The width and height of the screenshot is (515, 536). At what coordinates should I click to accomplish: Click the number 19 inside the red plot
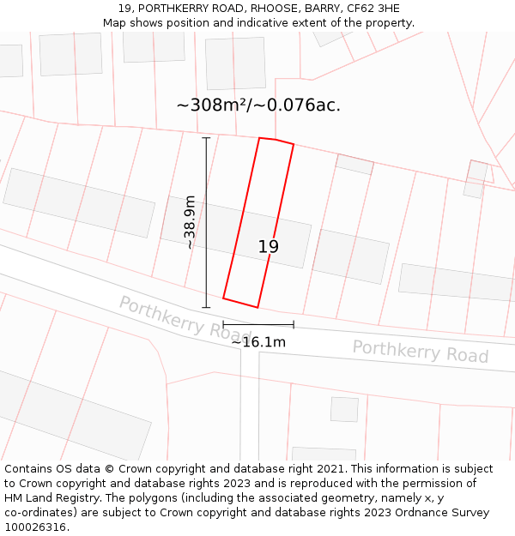268,247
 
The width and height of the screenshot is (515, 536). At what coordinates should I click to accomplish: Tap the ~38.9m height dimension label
190,223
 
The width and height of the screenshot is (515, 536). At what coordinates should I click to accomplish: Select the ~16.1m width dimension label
258,342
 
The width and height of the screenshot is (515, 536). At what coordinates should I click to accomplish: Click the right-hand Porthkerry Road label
420,352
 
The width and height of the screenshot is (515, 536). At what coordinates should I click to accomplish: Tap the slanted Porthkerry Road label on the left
179,318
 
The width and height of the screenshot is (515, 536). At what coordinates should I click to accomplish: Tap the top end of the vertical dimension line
206,137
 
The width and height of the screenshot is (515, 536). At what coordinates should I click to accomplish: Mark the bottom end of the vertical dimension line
206,307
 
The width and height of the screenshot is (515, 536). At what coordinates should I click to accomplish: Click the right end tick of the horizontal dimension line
294,324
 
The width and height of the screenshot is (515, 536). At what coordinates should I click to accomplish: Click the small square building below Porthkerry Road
344,409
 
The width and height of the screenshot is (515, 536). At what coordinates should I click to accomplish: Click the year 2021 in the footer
331,469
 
